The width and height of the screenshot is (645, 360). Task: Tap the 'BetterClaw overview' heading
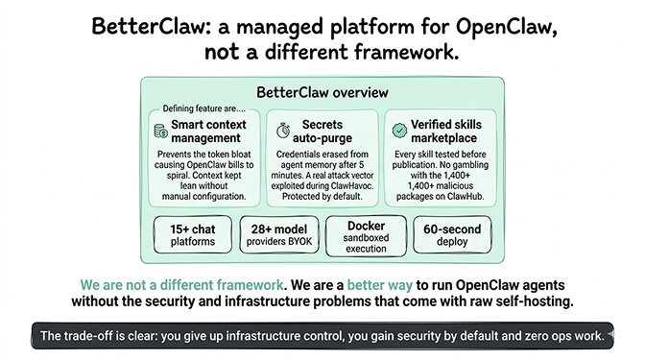tap(322, 92)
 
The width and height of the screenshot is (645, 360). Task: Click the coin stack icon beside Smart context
tap(159, 130)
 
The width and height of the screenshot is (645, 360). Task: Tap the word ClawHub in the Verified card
tap(465, 197)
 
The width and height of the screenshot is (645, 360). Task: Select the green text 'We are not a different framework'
tap(181, 285)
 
